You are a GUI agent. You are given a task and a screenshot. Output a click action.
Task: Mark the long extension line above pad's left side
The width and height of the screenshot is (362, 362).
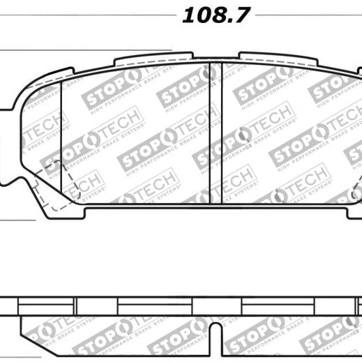pos(84,50)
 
